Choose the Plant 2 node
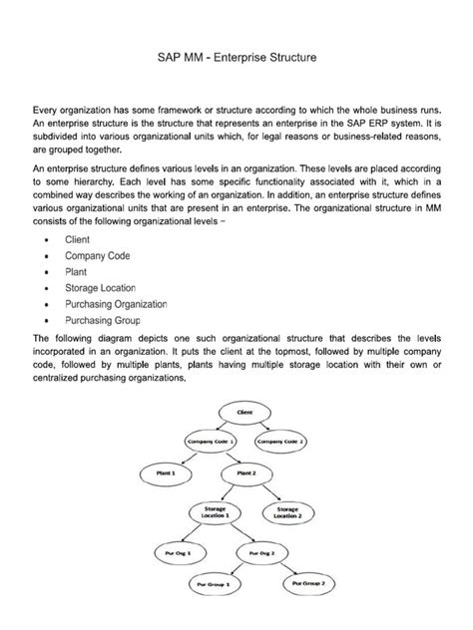coord(245,473)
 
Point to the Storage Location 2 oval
coord(285,511)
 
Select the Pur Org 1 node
coord(167,549)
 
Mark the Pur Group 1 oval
coord(212,582)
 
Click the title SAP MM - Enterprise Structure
coord(236,60)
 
